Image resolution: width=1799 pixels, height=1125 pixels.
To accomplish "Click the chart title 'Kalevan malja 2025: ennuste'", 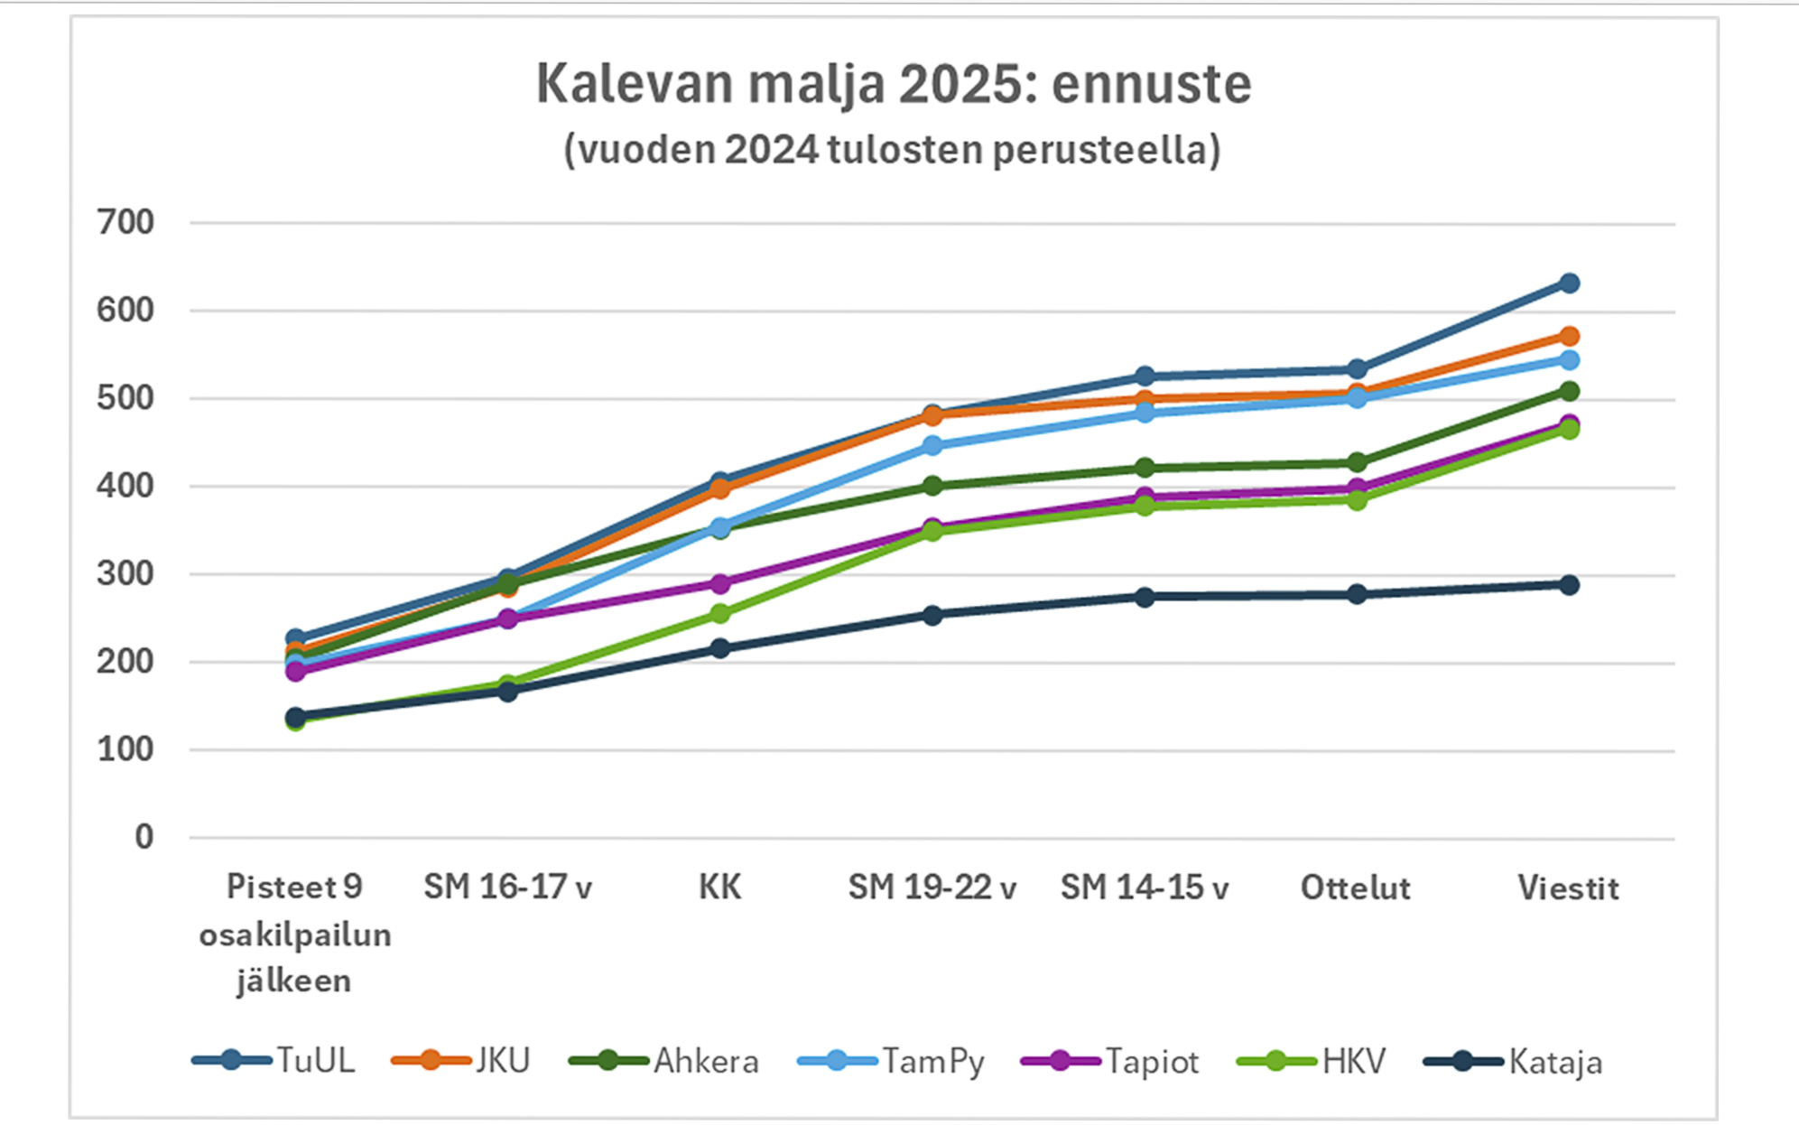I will (x=894, y=84).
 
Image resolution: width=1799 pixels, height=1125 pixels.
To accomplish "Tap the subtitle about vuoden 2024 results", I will (x=892, y=150).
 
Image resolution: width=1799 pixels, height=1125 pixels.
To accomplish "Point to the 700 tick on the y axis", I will (x=125, y=222).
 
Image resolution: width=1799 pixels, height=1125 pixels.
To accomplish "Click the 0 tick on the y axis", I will (x=144, y=837).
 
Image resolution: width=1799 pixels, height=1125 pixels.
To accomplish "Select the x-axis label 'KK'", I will (x=719, y=888).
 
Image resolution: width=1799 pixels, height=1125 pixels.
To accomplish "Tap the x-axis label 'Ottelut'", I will (x=1355, y=888).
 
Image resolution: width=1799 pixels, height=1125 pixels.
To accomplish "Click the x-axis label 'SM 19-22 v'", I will (x=932, y=888).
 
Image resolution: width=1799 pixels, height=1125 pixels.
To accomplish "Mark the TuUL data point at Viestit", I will (x=1569, y=284).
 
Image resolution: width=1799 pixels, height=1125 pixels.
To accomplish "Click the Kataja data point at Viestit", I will (x=1569, y=585).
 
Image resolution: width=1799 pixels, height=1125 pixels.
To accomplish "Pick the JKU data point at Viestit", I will (x=1569, y=337).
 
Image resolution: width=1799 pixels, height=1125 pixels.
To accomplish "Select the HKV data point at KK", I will (x=719, y=614).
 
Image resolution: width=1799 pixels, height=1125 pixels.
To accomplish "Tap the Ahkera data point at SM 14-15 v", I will (x=1145, y=468).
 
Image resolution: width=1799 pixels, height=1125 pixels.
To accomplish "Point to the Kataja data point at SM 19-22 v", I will (x=932, y=616).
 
